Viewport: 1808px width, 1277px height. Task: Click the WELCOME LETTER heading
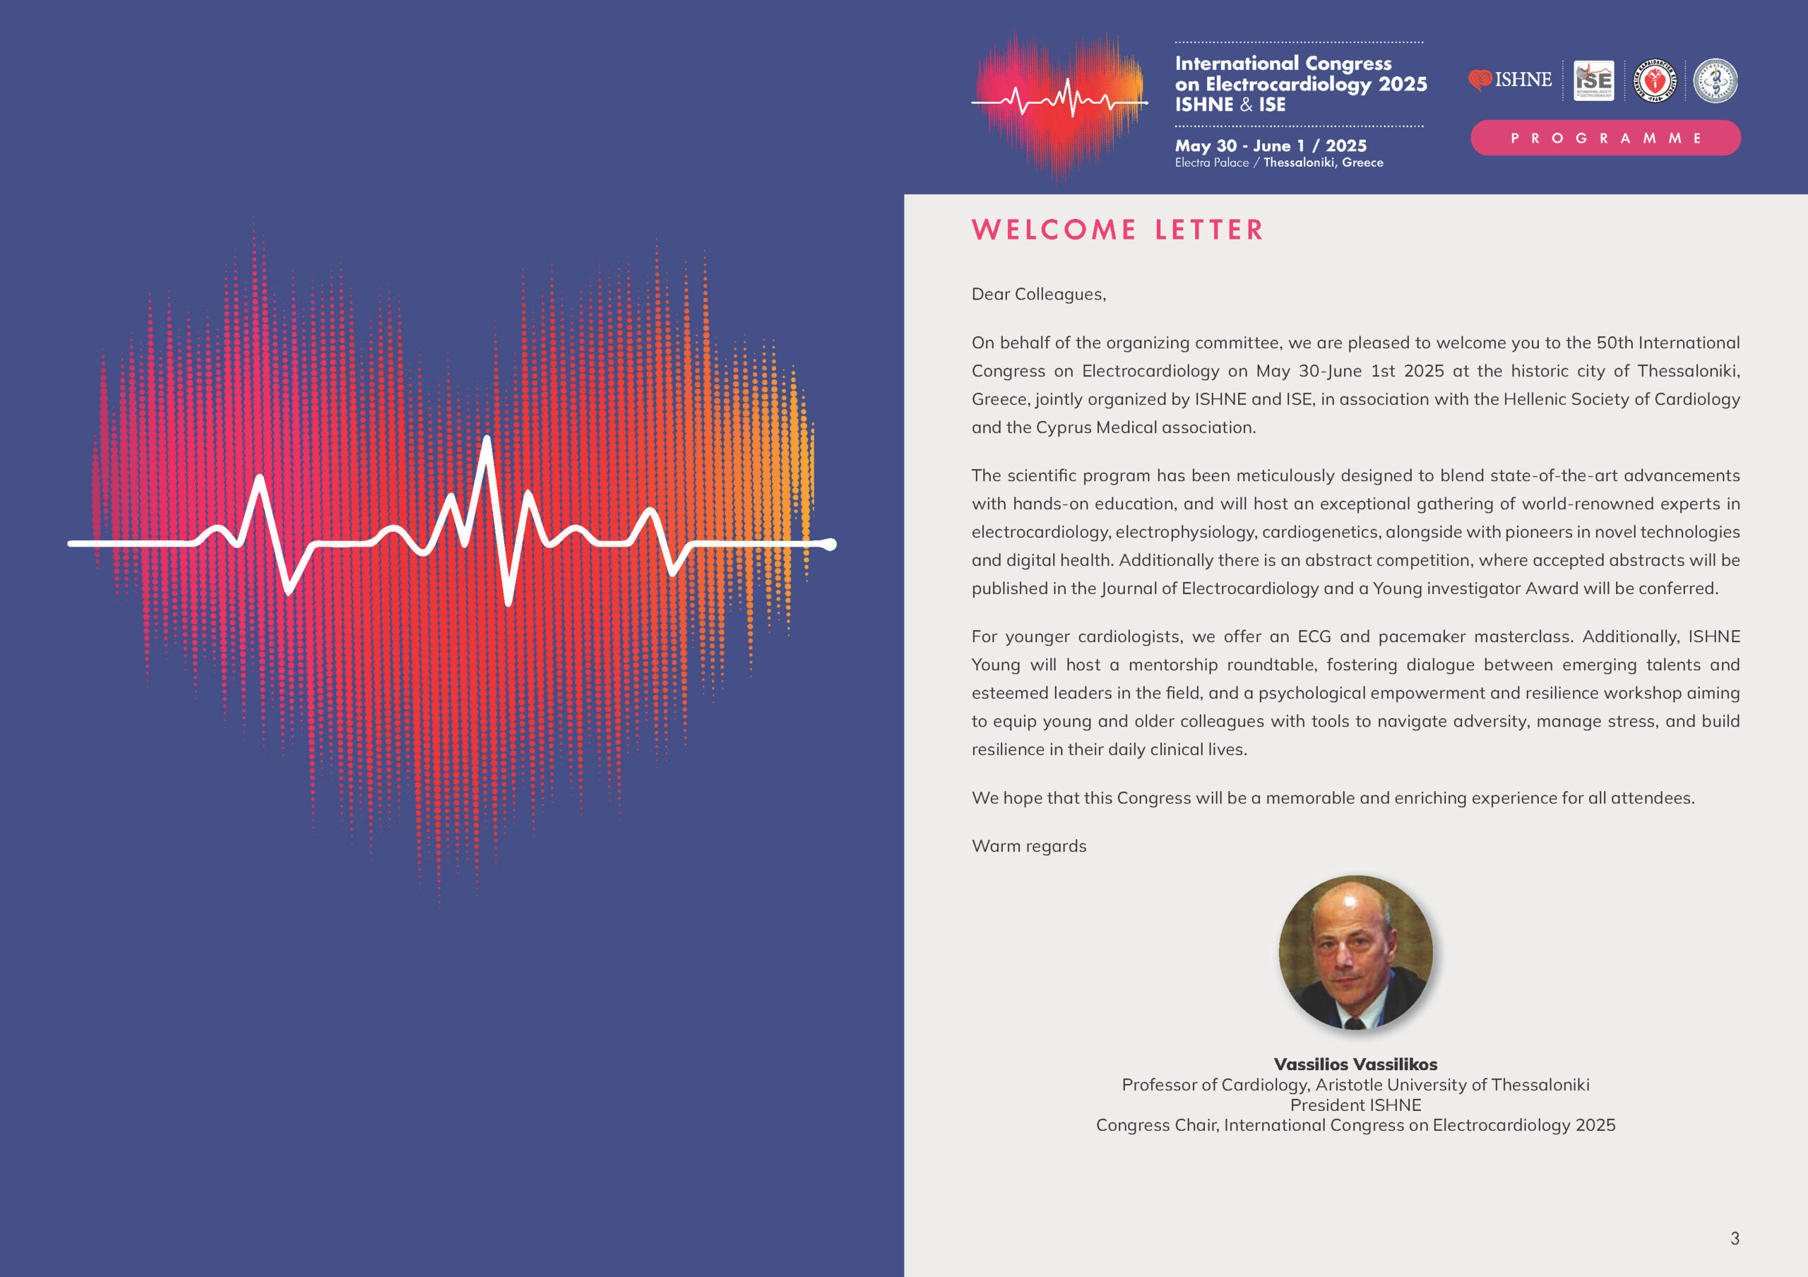click(x=1117, y=230)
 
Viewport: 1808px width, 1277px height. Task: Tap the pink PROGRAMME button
click(x=1605, y=138)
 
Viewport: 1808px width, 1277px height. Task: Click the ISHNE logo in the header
click(x=1509, y=80)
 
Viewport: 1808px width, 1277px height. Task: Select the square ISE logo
click(x=1593, y=81)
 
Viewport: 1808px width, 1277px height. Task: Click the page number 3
click(x=1734, y=1237)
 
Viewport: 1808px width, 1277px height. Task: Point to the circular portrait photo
click(x=1355, y=952)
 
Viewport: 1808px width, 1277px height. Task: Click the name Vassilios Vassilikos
click(x=1355, y=1064)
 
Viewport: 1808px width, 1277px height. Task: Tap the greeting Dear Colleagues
click(x=1038, y=294)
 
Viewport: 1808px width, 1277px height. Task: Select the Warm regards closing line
click(x=1028, y=845)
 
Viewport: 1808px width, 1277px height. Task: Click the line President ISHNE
click(x=1355, y=1105)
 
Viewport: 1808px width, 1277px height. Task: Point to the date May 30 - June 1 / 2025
click(x=1270, y=145)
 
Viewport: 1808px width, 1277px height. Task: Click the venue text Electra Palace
click(x=1211, y=163)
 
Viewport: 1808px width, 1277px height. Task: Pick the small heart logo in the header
click(x=1059, y=102)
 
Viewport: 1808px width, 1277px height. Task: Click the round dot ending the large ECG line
click(x=829, y=544)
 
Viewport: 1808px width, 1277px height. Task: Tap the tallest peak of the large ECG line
click(x=487, y=441)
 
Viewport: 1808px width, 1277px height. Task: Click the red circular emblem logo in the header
click(x=1655, y=81)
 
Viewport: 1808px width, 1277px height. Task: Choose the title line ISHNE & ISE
click(x=1230, y=105)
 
